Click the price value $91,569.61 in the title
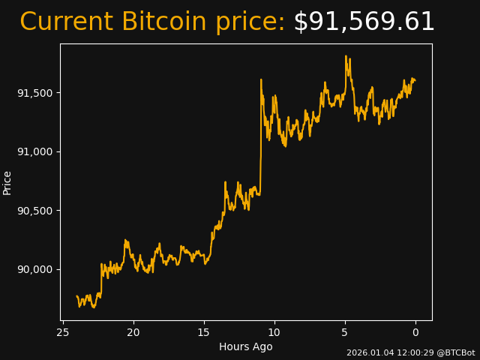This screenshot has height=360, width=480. pos(364,22)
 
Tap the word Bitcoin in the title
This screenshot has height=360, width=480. pos(163,22)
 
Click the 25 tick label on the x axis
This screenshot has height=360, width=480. pos(63,332)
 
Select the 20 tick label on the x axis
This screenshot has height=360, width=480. pos(133,332)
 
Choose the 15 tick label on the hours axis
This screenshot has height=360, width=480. pos(204,332)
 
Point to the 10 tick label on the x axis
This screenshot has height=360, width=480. pos(274,332)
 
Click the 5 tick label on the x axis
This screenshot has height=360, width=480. pos(345,332)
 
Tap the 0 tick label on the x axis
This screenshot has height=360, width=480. pos(415,332)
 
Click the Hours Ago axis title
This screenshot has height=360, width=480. pos(246,346)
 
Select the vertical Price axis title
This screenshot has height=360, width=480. pos(7,182)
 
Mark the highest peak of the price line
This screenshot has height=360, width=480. pos(346,55)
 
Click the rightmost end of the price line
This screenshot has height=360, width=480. pos(415,80)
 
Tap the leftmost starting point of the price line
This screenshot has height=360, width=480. pos(76,296)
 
